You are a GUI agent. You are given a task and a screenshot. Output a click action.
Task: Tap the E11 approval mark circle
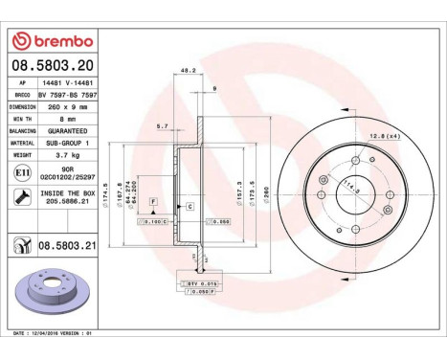pyautogui.click(x=20, y=172)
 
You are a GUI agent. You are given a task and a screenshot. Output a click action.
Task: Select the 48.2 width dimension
pyautogui.click(x=188, y=70)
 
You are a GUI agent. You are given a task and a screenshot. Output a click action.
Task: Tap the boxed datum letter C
pyautogui.click(x=190, y=207)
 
